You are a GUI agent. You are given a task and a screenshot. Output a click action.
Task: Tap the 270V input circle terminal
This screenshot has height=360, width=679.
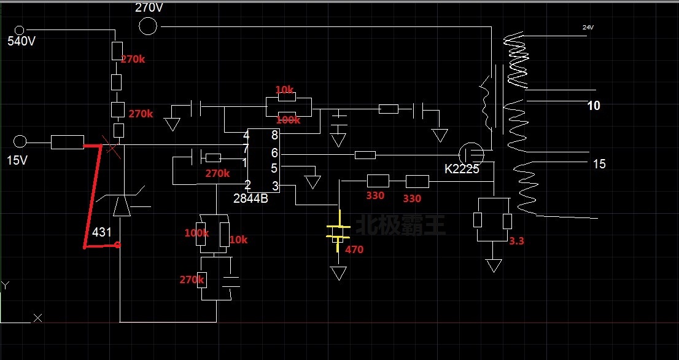pos(147,26)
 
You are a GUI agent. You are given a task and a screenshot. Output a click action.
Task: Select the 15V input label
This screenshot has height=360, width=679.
pos(17,161)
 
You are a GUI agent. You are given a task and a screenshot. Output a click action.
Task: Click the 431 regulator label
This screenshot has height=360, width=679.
pos(102,232)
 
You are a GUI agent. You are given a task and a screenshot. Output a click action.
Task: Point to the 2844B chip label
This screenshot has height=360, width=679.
pos(250,198)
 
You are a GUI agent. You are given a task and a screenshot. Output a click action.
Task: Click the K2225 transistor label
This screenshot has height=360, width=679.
pos(462,169)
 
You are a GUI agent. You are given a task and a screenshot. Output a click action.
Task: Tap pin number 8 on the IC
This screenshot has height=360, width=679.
pos(274,135)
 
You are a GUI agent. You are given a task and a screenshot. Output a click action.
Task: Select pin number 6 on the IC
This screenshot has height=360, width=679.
pos(274,152)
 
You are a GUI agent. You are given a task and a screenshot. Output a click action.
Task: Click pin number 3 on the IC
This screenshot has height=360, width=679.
pos(274,186)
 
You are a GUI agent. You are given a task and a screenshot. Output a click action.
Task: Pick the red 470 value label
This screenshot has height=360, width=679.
pos(354,249)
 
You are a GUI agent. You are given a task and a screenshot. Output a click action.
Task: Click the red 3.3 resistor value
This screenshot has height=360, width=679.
pos(516,241)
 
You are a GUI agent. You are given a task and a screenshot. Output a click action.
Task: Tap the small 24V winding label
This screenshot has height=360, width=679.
pos(589,28)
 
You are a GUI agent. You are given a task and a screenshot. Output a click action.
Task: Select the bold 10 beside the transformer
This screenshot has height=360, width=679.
pos(594,106)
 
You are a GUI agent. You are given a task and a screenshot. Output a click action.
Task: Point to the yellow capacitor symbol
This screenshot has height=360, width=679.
pos(338,232)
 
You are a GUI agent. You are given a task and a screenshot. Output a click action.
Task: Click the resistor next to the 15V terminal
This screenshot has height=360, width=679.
pos(67,143)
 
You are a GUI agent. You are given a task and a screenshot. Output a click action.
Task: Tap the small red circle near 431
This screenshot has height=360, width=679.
pos(117,245)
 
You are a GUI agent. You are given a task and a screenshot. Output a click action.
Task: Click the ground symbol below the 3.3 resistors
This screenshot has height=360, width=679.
pos(494,266)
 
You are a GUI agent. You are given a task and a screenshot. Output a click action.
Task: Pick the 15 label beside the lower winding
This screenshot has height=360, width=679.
pos(599,164)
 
